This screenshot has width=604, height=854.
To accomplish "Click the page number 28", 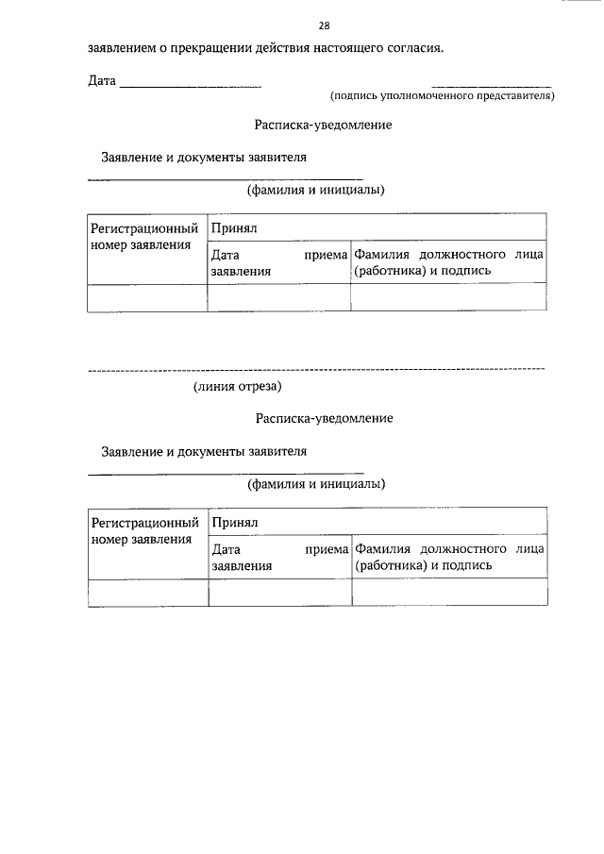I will tap(324, 25).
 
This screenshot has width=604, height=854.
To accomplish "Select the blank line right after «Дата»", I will tap(191, 88).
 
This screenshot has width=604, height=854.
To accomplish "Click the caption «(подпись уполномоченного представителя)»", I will tap(442, 96).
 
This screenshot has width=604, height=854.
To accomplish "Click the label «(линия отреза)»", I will tap(238, 385).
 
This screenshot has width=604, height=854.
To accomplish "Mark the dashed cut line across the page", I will tap(315, 368).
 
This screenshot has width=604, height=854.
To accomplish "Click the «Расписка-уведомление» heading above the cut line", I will tap(323, 124).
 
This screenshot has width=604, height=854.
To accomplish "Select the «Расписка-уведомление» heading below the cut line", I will tap(323, 417).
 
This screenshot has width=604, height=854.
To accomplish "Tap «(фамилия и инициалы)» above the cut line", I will tap(316, 190).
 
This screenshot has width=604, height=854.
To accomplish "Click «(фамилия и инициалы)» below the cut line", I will tap(316, 484).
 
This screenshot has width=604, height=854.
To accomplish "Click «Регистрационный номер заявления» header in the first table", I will tap(146, 237).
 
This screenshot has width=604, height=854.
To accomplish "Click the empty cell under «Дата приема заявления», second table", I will tap(279, 592).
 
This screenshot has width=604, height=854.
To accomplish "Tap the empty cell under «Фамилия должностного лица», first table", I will tap(448, 297).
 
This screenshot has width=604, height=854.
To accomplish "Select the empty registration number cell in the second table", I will tap(147, 592).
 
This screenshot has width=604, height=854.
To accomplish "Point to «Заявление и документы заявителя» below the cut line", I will tap(205, 451).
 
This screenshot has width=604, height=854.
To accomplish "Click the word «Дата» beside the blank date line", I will tap(102, 82).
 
